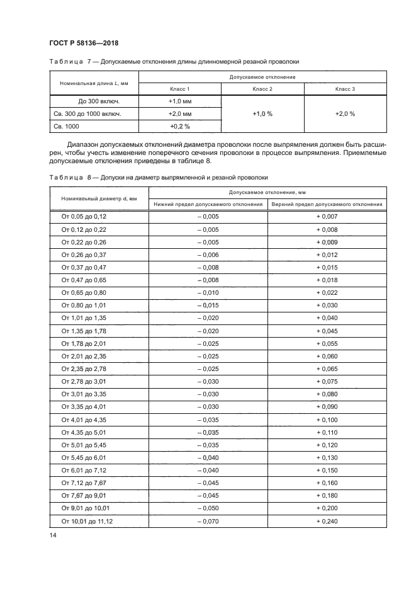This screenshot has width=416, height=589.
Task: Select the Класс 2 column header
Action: click(x=262, y=89)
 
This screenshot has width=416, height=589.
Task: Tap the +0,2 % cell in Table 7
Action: click(x=179, y=126)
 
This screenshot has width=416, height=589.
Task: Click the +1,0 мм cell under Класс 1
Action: click(x=179, y=101)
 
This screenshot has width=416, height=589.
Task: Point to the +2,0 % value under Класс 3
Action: click(x=345, y=114)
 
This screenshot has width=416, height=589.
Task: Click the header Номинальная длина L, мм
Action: click(x=94, y=83)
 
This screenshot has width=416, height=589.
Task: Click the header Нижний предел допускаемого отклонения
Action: click(x=208, y=204)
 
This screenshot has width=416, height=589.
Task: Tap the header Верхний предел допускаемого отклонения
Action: click(x=327, y=204)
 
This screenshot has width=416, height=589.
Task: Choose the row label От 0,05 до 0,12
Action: click(x=84, y=217)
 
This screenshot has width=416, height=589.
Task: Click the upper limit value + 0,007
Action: click(x=327, y=217)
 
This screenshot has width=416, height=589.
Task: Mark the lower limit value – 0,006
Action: click(x=208, y=254)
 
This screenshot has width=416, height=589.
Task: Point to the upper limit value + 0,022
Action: click(x=327, y=293)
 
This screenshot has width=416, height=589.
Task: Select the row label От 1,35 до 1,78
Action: click(x=84, y=331)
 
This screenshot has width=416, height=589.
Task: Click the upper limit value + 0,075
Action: click(x=327, y=382)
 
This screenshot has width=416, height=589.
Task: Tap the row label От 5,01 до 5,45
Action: click(x=84, y=445)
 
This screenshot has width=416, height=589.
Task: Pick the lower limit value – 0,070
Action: click(x=208, y=521)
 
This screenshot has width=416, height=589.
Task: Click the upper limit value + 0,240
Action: click(x=327, y=521)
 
